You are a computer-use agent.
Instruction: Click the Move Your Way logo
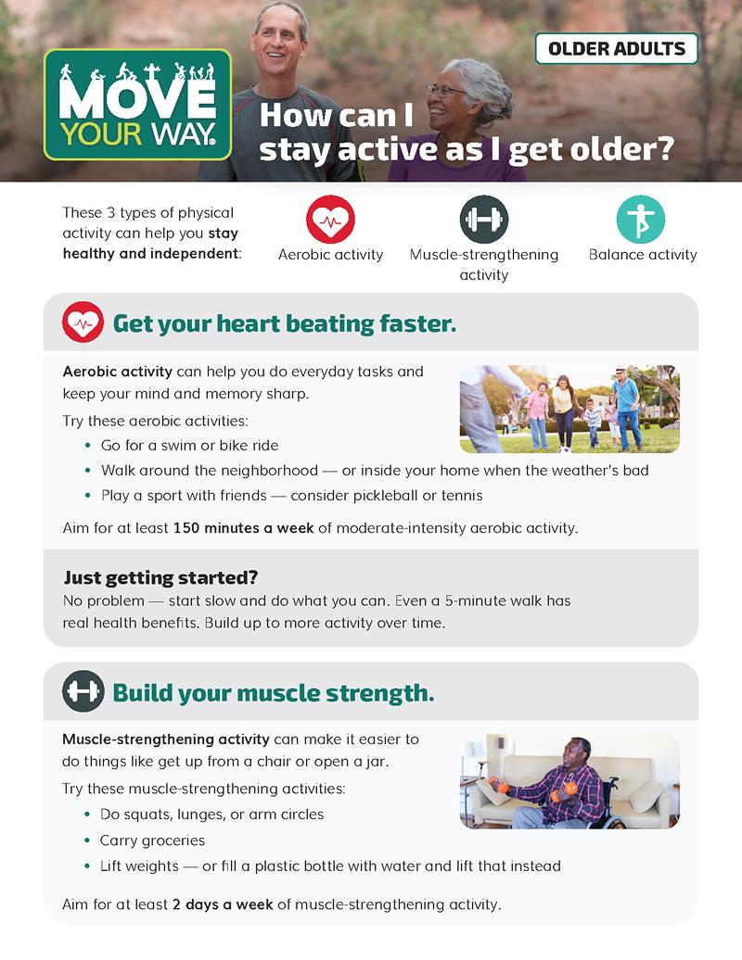pos(138,104)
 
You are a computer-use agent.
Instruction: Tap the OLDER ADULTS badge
pos(617,49)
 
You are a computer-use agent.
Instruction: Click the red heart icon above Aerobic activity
pos(330,220)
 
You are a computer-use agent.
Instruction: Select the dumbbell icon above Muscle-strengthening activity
pos(484,220)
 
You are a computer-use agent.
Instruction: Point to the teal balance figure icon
pos(641,220)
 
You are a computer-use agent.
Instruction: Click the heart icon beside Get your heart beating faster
pos(83,322)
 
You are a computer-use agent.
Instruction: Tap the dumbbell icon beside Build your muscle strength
pos(83,691)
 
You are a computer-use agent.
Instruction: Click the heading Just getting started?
pos(160,577)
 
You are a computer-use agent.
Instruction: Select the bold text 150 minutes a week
pos(243,528)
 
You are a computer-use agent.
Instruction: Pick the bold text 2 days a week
pos(223,904)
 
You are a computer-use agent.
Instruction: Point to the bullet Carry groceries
pos(152,840)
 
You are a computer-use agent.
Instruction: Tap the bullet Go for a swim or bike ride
pos(189,446)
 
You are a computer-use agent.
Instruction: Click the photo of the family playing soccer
pos(569,409)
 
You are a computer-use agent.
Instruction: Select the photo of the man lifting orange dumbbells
pos(569,782)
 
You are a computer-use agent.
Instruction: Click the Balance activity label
pos(643,255)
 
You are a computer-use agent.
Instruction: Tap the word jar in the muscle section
pos(377,763)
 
